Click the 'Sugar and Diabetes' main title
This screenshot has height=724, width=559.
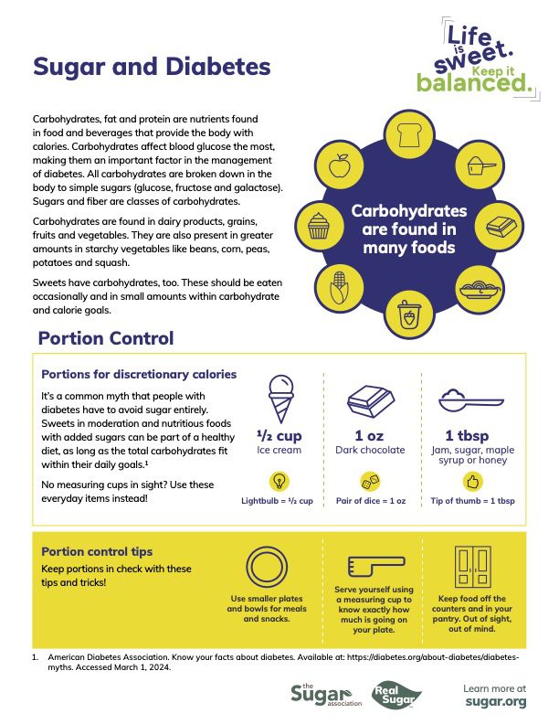[x=152, y=67]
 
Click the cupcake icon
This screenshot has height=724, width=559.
[x=319, y=225]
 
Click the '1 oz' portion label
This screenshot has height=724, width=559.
[x=369, y=434]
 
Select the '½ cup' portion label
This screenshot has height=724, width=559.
[x=278, y=434]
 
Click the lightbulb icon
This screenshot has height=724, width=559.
[x=278, y=481]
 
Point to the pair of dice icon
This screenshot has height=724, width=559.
[x=369, y=481]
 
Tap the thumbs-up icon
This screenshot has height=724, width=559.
[x=472, y=481]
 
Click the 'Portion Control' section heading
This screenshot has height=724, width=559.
[x=105, y=339]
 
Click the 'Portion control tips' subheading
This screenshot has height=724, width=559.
[x=97, y=551]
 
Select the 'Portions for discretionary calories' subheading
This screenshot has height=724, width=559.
[x=139, y=374]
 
